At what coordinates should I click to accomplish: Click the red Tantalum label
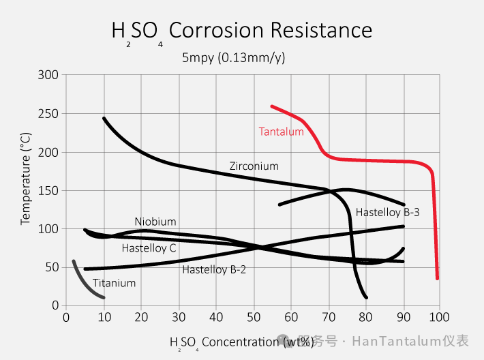(x=281, y=132)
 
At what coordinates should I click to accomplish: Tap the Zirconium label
(x=254, y=166)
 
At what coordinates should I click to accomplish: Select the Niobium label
(x=155, y=222)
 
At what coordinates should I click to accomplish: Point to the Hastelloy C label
(x=149, y=248)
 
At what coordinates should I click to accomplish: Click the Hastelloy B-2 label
(x=214, y=269)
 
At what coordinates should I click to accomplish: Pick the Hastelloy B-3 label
(x=387, y=212)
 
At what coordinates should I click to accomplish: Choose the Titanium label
(x=114, y=283)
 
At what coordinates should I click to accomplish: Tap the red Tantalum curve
(x=382, y=160)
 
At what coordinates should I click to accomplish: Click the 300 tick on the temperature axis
(x=48, y=74)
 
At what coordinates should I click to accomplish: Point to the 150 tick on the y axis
(x=48, y=190)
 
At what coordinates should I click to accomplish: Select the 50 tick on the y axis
(x=51, y=267)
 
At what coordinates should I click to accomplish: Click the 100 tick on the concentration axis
(x=440, y=317)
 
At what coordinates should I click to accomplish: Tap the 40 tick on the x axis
(x=216, y=317)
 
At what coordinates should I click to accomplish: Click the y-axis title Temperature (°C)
(x=26, y=179)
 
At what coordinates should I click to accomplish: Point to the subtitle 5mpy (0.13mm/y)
(x=233, y=57)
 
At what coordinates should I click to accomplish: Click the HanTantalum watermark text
(x=395, y=341)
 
